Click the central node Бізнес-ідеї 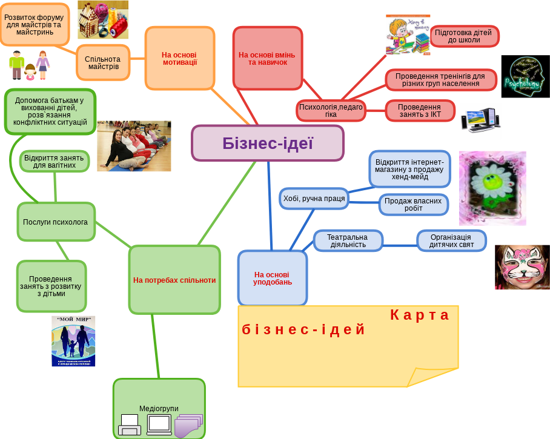(x=268, y=143)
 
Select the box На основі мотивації (x=180, y=58)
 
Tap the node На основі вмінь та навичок (x=267, y=58)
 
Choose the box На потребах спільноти (x=174, y=280)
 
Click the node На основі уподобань (x=273, y=278)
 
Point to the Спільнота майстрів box (x=104, y=62)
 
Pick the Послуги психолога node (x=56, y=222)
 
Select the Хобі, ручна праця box (x=314, y=198)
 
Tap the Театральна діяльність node (x=348, y=241)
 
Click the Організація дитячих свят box (x=451, y=241)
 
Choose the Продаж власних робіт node (x=414, y=205)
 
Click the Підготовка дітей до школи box (x=465, y=36)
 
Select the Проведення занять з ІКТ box (x=420, y=111)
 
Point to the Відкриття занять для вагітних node (x=55, y=161)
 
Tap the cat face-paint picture (x=522, y=267)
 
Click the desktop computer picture (x=481, y=120)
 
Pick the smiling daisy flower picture (x=492, y=188)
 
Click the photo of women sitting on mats (x=134, y=146)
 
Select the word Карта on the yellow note (x=420, y=315)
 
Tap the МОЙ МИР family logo (x=73, y=341)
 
